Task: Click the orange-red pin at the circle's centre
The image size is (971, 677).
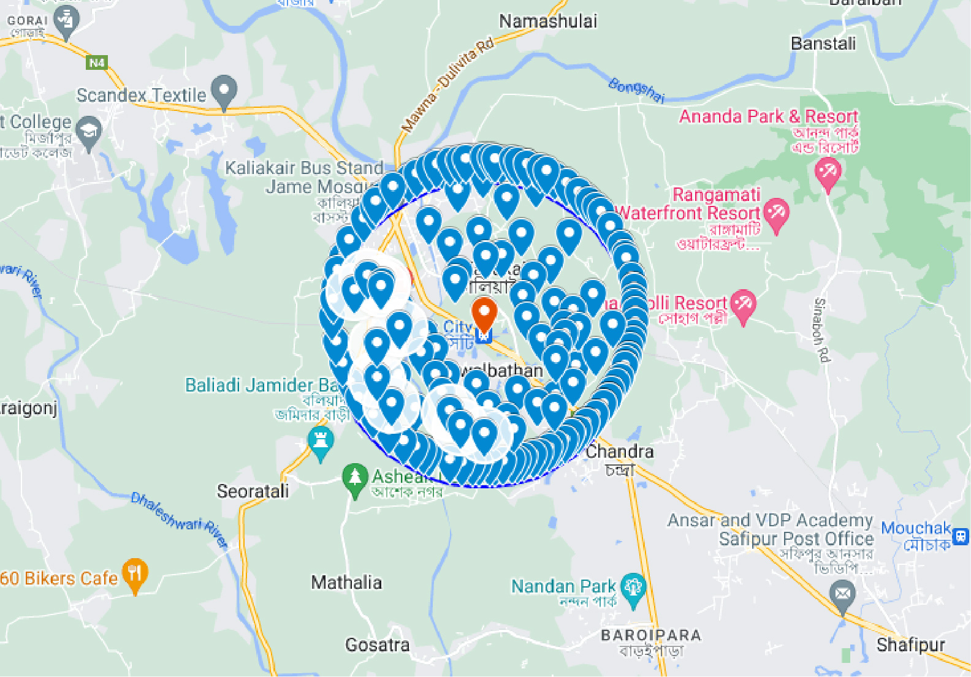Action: [x=484, y=313]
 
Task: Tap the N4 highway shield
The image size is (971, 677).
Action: [x=97, y=62]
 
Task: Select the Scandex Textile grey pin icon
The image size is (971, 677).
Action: [x=224, y=91]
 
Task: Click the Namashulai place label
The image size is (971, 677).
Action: [x=547, y=21]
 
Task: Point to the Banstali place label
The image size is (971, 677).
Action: [x=823, y=43]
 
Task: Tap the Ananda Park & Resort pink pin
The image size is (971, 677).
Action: [x=828, y=171]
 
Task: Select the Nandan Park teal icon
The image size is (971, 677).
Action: [x=633, y=588]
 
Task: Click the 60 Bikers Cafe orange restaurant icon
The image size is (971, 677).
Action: [x=135, y=573]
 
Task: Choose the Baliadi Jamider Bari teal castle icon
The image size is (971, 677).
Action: [x=320, y=441]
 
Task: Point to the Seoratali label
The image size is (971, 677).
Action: [x=253, y=491]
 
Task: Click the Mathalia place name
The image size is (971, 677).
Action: [x=346, y=582]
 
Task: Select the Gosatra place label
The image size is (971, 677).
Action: [x=377, y=645]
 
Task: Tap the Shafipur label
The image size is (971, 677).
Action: [x=910, y=645]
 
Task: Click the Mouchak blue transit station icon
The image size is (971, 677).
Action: [x=961, y=537]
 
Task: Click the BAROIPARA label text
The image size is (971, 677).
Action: [x=650, y=635]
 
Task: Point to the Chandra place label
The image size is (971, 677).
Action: [x=620, y=452]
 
